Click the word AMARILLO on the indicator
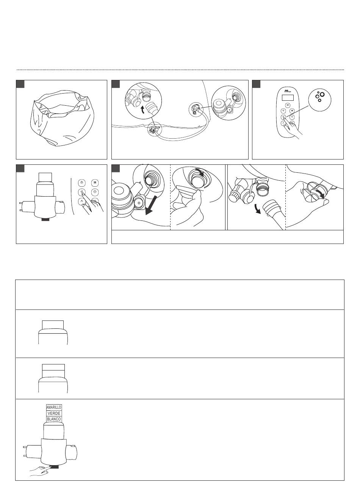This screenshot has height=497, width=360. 54,407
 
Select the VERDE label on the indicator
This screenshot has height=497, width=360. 54,413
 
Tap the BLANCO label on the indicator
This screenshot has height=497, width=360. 54,419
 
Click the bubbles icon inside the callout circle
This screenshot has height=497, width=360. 320,97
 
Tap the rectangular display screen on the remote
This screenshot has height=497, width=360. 288,97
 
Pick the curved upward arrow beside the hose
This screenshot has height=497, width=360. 143,110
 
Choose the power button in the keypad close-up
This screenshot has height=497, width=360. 82,183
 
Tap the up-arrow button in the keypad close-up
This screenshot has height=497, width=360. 82,202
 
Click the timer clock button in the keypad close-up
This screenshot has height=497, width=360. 95,192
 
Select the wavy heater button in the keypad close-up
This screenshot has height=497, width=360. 95,183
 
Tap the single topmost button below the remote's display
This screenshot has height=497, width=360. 288,105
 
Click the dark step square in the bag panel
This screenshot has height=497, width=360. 20,84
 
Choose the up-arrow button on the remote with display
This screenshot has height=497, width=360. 283,123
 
